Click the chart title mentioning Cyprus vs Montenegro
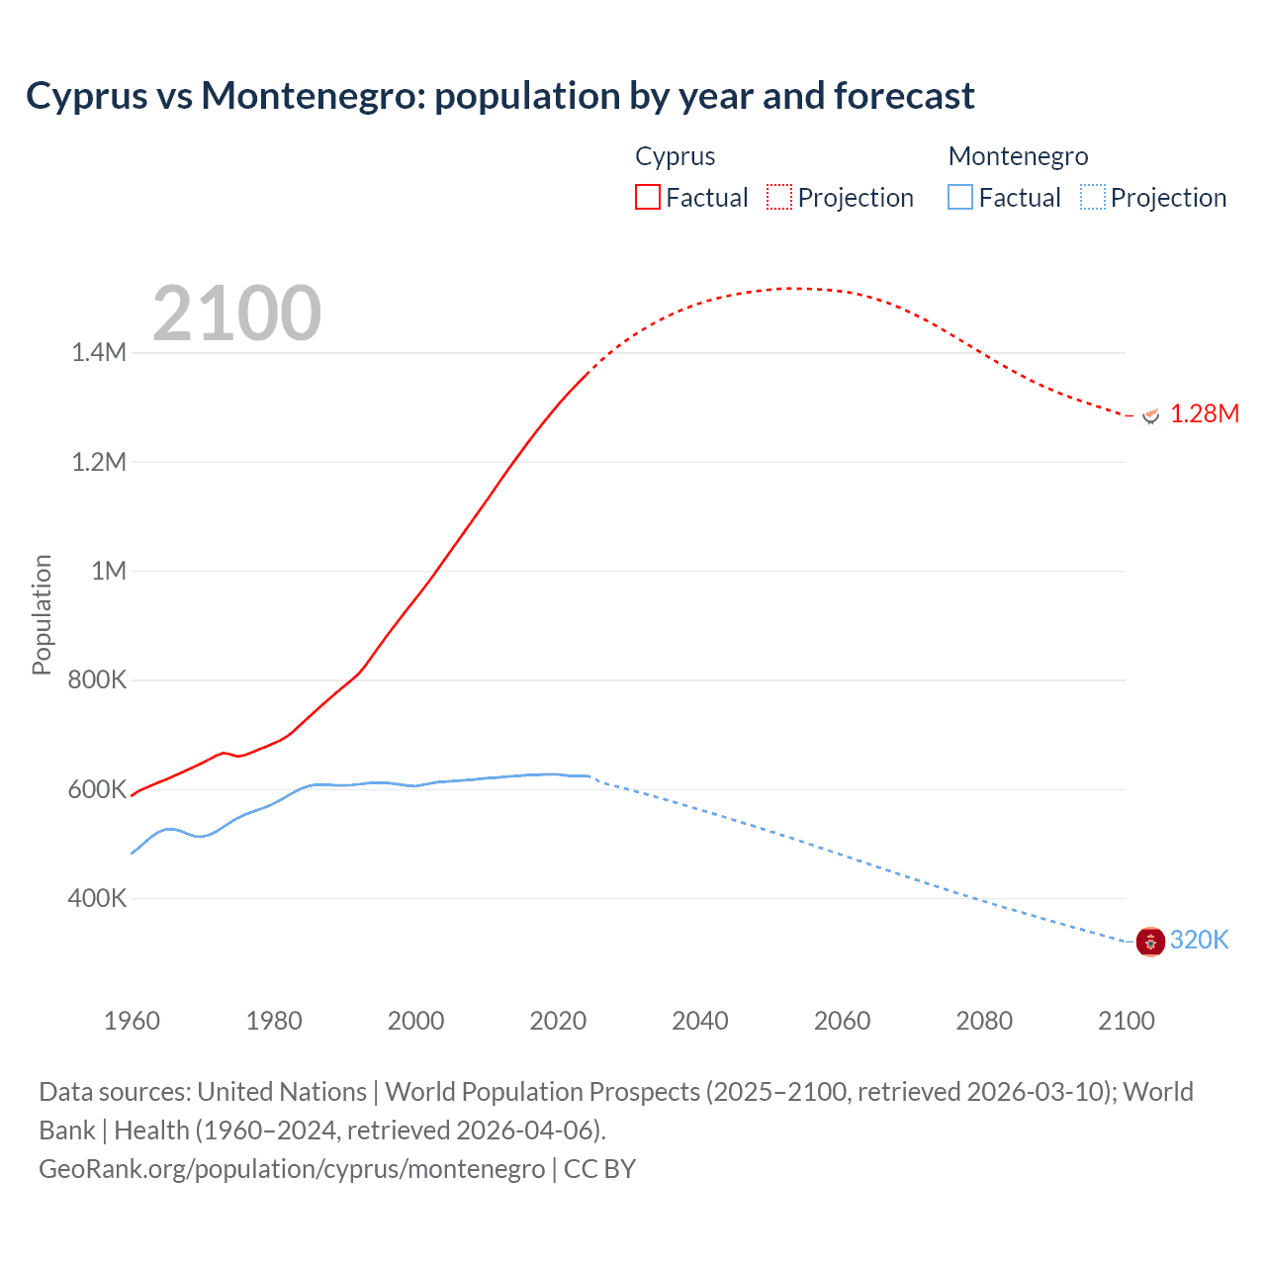pos(499,96)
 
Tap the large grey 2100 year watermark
pos(236,314)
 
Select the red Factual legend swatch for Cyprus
pos(647,197)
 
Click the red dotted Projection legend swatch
pos(779,197)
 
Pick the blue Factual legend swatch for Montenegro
pos(960,197)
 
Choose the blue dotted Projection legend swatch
pos(1092,197)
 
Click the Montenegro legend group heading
pos(1018,156)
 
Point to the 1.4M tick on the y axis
pos(99,353)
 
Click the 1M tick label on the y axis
pos(109,571)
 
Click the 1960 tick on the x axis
pos(132,1021)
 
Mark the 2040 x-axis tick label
pos(700,1021)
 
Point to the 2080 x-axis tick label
pos(984,1021)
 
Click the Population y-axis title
pos(42,614)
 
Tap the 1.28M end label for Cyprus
pos(1204,413)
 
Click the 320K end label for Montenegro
pos(1199,940)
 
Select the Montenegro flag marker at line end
pos(1150,942)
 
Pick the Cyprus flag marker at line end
pos(1150,415)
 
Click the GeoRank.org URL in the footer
pos(292,1169)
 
